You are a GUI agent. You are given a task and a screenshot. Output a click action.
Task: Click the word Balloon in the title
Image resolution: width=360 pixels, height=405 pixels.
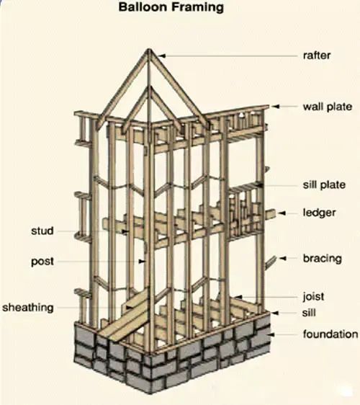tap(142, 7)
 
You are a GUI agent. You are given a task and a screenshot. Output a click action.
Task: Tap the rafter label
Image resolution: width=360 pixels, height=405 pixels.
tap(317, 55)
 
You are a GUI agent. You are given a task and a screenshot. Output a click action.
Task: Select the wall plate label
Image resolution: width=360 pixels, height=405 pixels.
tap(327, 107)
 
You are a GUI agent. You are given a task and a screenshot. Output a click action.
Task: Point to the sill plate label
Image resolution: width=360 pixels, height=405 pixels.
tap(324, 185)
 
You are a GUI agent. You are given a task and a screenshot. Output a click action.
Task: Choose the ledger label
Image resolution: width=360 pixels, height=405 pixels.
tap(319, 213)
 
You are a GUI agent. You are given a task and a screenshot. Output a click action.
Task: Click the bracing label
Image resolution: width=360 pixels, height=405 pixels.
tap(323, 258)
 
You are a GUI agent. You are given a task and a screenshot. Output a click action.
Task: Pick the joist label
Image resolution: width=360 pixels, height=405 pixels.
tap(313, 296)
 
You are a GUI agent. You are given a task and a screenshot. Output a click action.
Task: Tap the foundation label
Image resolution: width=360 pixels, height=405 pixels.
tap(330, 334)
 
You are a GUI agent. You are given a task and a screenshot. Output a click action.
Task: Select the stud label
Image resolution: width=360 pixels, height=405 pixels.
tap(42, 231)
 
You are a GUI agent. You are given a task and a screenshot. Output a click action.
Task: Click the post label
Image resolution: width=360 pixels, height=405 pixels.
tap(42, 262)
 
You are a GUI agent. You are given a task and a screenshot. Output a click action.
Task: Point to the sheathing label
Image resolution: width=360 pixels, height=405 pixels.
tap(28, 308)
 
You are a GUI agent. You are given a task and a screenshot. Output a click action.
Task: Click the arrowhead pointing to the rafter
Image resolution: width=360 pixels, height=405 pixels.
tap(162, 55)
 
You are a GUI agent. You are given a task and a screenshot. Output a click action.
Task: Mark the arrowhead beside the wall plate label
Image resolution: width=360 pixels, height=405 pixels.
tap(276, 107)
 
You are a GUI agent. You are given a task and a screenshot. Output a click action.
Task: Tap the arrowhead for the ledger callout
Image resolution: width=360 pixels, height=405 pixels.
tap(282, 213)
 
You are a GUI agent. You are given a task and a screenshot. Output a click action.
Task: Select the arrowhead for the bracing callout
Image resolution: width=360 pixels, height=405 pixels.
tap(283, 258)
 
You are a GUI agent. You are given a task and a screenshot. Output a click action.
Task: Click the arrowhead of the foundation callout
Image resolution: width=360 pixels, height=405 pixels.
tap(271, 334)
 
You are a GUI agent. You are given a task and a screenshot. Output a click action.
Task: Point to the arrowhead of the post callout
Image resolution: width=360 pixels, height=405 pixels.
tap(142, 262)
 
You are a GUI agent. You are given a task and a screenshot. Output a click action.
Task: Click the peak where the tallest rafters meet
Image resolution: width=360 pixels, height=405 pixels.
tap(148, 49)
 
